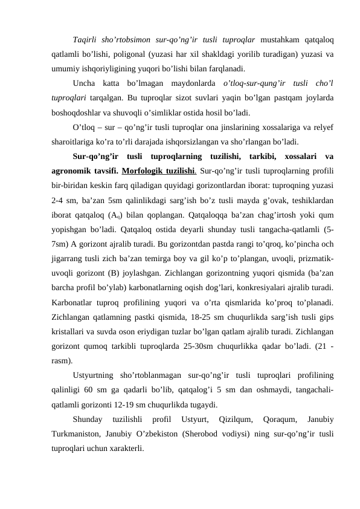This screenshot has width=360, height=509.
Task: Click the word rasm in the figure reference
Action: point(63,374)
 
